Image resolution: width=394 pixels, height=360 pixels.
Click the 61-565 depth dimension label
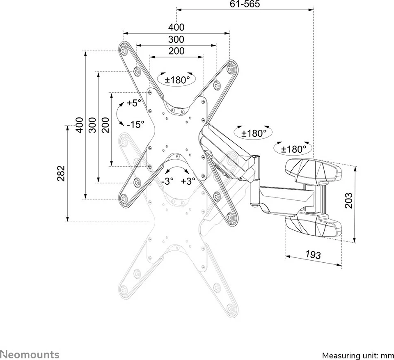[245, 5]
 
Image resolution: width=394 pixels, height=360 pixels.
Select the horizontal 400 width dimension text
[176, 28]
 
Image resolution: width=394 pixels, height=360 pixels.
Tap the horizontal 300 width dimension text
[176, 40]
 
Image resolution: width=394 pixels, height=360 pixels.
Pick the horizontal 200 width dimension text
[176, 51]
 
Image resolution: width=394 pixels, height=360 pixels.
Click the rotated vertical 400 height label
[79, 124]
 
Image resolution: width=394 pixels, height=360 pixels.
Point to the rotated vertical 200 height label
[105, 124]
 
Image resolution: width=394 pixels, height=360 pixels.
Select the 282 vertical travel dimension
[61, 173]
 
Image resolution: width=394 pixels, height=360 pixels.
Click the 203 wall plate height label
[349, 200]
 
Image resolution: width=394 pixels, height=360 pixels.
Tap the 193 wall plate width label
[313, 255]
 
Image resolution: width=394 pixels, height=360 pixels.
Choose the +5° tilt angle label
[134, 103]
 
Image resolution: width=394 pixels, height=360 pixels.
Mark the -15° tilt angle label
[135, 124]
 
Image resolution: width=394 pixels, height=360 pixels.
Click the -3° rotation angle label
[167, 181]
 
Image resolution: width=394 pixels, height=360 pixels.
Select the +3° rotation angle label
[188, 181]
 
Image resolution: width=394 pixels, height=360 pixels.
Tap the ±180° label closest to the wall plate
[294, 149]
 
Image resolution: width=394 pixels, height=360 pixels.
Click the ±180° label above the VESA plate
[177, 80]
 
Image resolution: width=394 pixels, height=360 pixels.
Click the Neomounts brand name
[30, 354]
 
